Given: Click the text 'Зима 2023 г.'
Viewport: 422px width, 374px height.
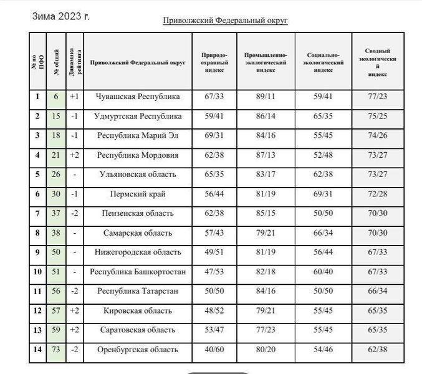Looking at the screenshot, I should pos(60,16).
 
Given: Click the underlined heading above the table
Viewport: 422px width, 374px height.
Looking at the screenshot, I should pos(225,20).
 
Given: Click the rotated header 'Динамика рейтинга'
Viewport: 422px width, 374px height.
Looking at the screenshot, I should pos(74,62).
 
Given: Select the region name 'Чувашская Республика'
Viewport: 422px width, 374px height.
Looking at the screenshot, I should pos(138,97).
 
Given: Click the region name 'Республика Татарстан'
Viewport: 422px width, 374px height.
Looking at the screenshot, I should pos(138,291).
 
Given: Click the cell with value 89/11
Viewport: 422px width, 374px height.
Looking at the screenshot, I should pos(266,97).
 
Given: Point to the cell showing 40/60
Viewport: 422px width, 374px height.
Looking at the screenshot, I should pos(214,350).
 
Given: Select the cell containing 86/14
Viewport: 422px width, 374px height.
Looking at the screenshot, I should pos(266,116).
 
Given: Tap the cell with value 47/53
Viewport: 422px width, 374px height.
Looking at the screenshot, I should pos(214,272).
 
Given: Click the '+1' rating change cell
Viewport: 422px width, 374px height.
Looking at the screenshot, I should pos(74,97).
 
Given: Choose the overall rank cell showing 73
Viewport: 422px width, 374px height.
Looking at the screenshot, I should pos(55,350).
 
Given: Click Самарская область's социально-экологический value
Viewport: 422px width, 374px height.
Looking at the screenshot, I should pos(324,233).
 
